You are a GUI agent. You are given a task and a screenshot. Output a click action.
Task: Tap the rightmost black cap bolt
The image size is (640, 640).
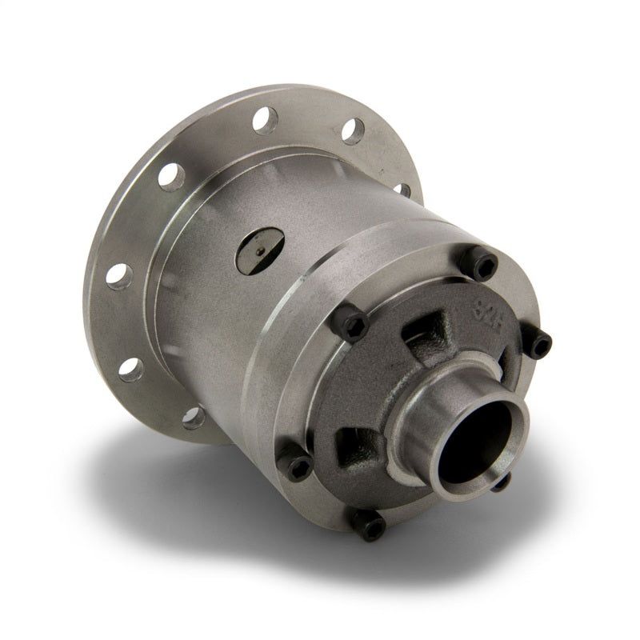click(x=540, y=344)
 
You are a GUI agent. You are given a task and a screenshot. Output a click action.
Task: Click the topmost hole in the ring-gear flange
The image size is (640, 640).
click(x=263, y=120)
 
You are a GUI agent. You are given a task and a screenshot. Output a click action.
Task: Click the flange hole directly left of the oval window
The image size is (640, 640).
click(x=172, y=175)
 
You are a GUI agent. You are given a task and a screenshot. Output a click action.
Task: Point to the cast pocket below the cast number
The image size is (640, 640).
click(x=422, y=331)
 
